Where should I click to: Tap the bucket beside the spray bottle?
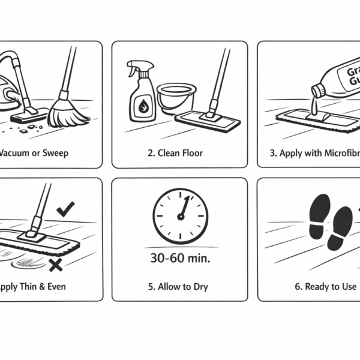tap(176, 99)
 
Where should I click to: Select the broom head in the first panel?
tap(68, 113)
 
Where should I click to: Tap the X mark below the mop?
tap(56, 265)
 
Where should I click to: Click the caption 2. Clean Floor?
tap(175, 153)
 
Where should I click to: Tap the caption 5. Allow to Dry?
tap(178, 287)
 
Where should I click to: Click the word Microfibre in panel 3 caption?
tap(339, 153)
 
